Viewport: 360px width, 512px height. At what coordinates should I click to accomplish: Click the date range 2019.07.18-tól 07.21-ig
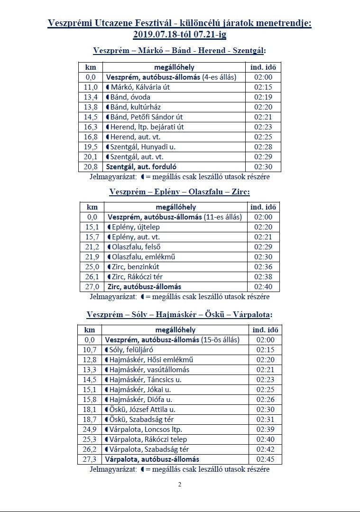click(180, 34)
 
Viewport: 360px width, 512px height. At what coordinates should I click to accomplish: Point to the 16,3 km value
click(91, 127)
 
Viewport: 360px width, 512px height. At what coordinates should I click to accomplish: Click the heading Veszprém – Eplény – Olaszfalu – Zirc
click(179, 192)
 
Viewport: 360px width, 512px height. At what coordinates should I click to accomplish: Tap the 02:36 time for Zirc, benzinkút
click(264, 267)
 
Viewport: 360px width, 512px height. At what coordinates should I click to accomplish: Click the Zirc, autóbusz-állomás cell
click(144, 287)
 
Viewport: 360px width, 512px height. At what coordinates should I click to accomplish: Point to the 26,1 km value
click(92, 277)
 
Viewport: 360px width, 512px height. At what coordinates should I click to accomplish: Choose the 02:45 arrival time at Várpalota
click(265, 459)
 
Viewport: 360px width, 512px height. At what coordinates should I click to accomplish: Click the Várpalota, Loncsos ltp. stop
click(142, 430)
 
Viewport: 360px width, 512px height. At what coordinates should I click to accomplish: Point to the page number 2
click(180, 485)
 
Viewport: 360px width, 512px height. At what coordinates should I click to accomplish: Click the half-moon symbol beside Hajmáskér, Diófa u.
click(107, 400)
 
